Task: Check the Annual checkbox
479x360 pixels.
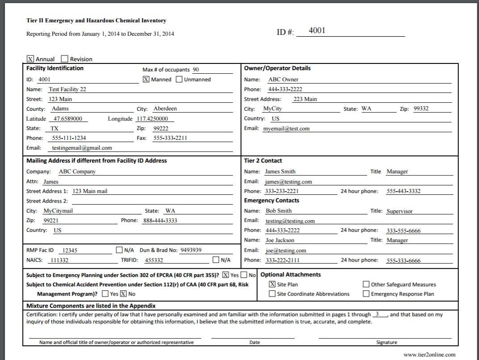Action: (30, 59)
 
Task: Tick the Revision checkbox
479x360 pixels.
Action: (64, 59)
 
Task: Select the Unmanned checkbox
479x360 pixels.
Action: (179, 80)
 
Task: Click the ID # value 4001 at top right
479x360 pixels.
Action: (317, 31)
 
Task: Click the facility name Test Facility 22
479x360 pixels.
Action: (67, 89)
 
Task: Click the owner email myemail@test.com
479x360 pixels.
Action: (286, 129)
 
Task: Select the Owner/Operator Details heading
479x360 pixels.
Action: (277, 68)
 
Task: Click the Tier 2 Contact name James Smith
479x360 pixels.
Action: (280, 172)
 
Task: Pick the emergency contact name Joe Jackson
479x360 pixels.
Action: (280, 240)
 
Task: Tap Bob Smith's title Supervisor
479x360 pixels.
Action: (399, 211)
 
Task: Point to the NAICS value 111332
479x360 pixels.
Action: (59, 260)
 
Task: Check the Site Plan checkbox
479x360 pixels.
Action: (272, 284)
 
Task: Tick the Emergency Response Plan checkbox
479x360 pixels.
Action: (366, 294)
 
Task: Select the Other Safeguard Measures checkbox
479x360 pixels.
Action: (366, 284)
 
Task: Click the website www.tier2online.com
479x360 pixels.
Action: (429, 355)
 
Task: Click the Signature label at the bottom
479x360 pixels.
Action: (386, 343)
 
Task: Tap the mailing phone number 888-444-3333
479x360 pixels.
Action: (160, 221)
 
